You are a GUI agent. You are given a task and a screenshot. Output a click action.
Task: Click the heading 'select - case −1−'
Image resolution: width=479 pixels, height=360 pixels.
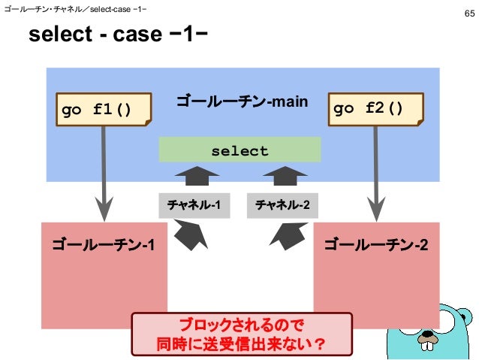(x=118, y=35)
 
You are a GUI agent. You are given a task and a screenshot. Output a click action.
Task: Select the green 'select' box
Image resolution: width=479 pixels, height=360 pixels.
(x=239, y=151)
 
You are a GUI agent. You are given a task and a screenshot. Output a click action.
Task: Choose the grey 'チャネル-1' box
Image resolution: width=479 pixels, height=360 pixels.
(x=194, y=205)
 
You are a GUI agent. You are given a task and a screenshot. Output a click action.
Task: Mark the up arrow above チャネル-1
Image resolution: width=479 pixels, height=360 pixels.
(x=197, y=177)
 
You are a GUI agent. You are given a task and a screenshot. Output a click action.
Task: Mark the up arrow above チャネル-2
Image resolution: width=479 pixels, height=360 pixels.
(x=285, y=177)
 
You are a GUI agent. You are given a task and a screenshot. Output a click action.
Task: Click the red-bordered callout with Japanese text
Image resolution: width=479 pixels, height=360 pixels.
(x=241, y=334)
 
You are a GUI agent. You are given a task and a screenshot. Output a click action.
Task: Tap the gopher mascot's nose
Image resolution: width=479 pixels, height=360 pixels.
(x=429, y=337)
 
